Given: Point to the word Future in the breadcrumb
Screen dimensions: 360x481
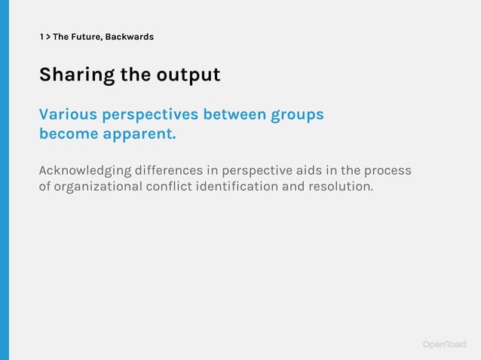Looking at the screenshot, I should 84,36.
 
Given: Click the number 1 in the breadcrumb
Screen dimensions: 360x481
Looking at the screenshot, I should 41,36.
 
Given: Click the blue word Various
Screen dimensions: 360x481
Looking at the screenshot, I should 68,114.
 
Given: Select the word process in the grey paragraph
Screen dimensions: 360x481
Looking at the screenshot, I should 386,171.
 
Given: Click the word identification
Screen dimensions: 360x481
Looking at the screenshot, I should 237,186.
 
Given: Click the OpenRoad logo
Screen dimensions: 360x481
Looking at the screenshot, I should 444,344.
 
